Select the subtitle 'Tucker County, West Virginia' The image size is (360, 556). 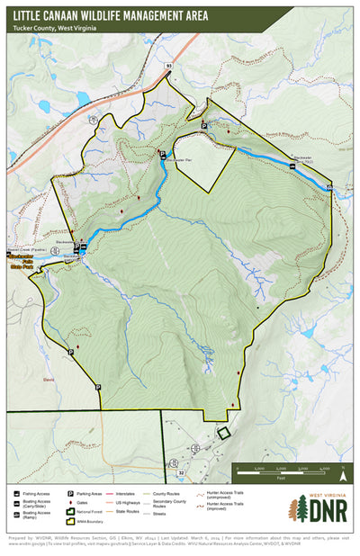(55, 28)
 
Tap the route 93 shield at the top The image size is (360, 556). (167, 66)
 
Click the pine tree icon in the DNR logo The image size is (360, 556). (294, 508)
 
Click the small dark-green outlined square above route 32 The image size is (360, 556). (224, 433)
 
